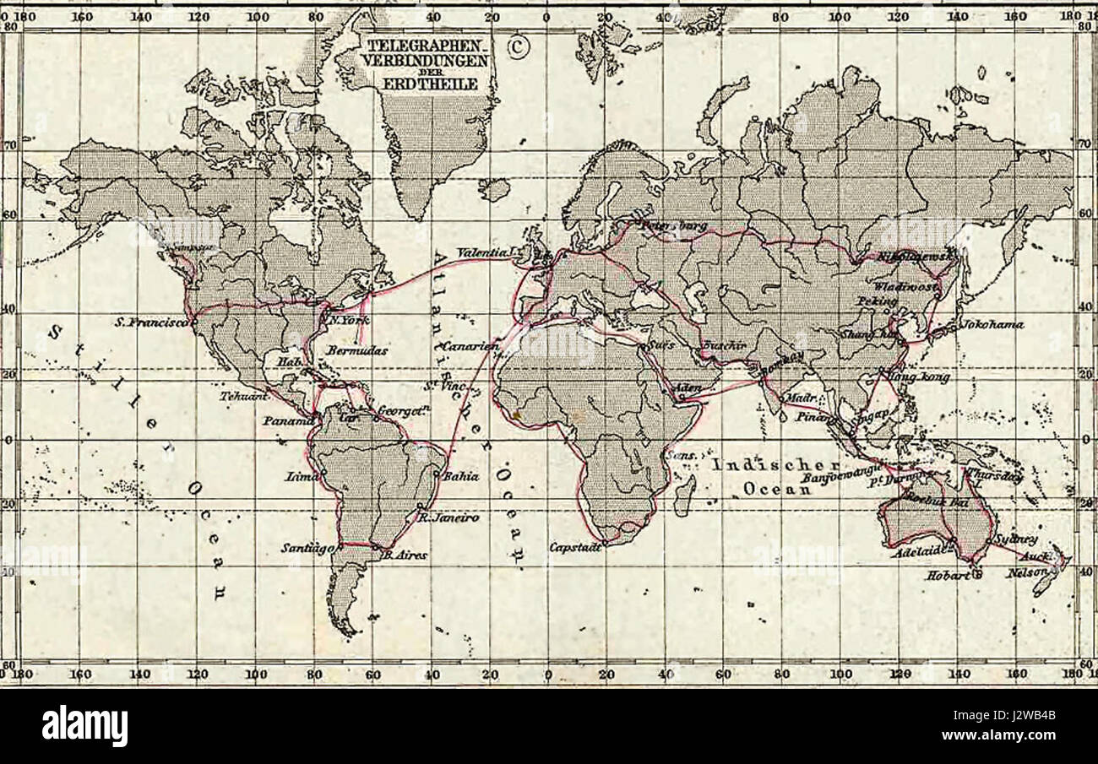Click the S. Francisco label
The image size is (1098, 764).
[x=151, y=322]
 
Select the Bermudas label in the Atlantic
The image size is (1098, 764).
[x=356, y=349]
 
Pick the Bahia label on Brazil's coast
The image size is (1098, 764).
[x=461, y=476]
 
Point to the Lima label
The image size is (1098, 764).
[x=301, y=477]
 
